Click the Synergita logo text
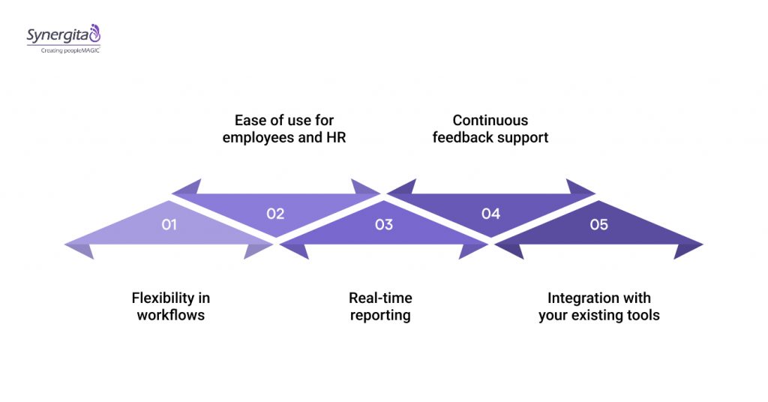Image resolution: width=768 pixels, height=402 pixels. [x=57, y=34]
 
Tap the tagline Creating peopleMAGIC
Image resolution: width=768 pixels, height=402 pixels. [x=63, y=49]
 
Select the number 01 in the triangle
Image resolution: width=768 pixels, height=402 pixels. [x=169, y=224]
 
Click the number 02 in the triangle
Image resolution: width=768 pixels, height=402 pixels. [x=275, y=214]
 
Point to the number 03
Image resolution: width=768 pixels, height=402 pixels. [x=383, y=224]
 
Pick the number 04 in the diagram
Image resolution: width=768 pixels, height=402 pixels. [x=490, y=214]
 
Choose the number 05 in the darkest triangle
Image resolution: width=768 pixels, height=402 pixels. [x=598, y=224]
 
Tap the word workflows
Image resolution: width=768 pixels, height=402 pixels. [x=170, y=315]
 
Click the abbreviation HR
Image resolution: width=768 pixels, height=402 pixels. [x=335, y=138]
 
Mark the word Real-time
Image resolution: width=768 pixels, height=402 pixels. [x=380, y=298]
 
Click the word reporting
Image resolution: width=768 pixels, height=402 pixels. [x=380, y=315]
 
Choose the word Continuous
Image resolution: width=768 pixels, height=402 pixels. [x=490, y=120]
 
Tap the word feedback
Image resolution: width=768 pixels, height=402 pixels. [x=462, y=138]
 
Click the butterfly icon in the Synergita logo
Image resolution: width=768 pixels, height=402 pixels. [x=94, y=33]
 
